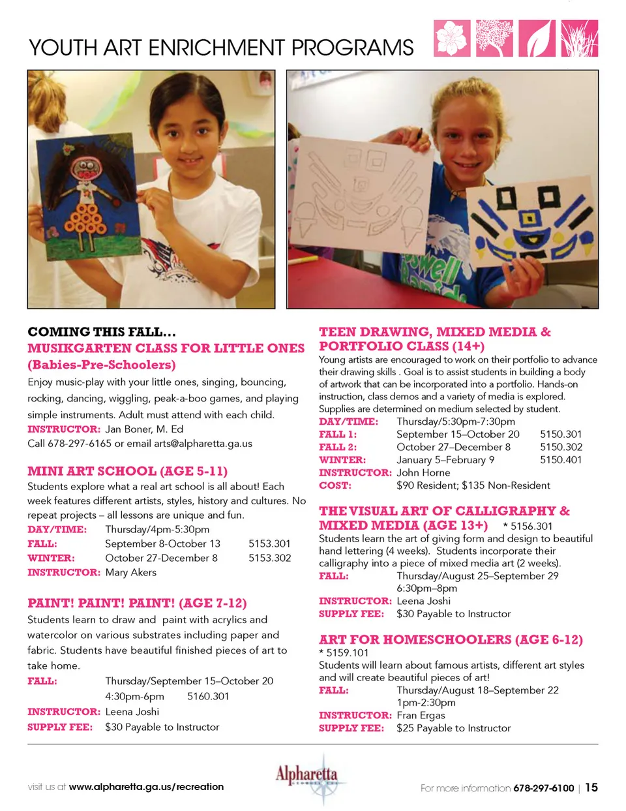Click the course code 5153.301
269,543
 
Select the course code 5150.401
561,459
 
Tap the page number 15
591,788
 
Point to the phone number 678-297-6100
543,788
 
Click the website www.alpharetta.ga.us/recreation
146,787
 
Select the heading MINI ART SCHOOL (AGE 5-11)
127,471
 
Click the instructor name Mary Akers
130,572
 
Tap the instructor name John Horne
423,472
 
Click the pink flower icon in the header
451,38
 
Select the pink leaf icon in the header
537,38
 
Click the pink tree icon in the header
494,38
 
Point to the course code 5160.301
208,696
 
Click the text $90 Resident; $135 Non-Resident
473,485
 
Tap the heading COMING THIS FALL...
102,331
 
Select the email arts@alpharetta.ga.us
203,443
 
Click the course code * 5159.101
344,652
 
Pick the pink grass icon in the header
579,38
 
